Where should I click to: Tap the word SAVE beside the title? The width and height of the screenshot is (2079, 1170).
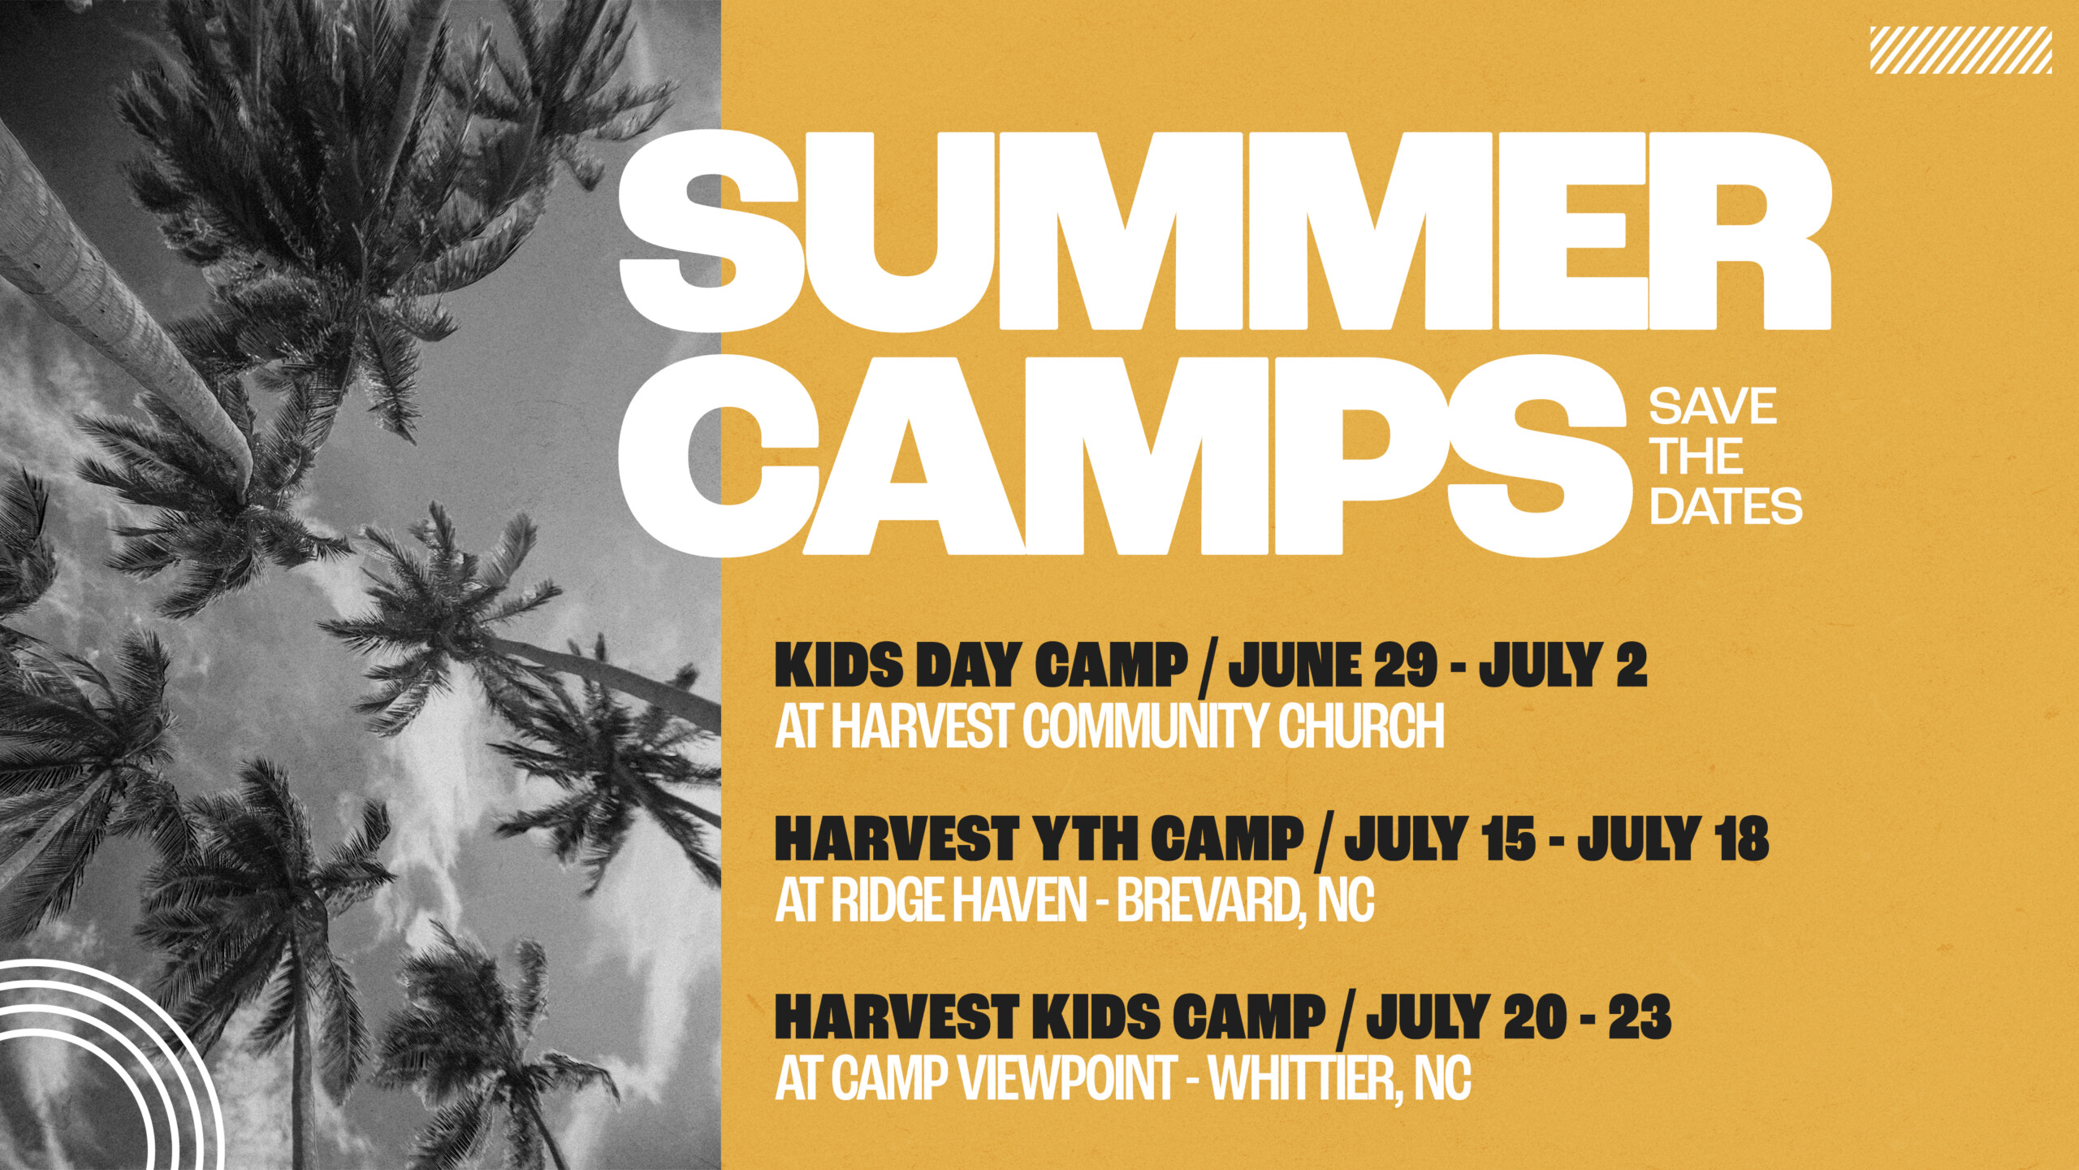point(1712,406)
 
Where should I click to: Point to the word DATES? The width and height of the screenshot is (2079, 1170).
point(1725,506)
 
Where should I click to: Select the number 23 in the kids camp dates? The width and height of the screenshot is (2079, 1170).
point(1640,1016)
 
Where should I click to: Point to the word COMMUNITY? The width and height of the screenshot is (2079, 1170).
point(1146,726)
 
